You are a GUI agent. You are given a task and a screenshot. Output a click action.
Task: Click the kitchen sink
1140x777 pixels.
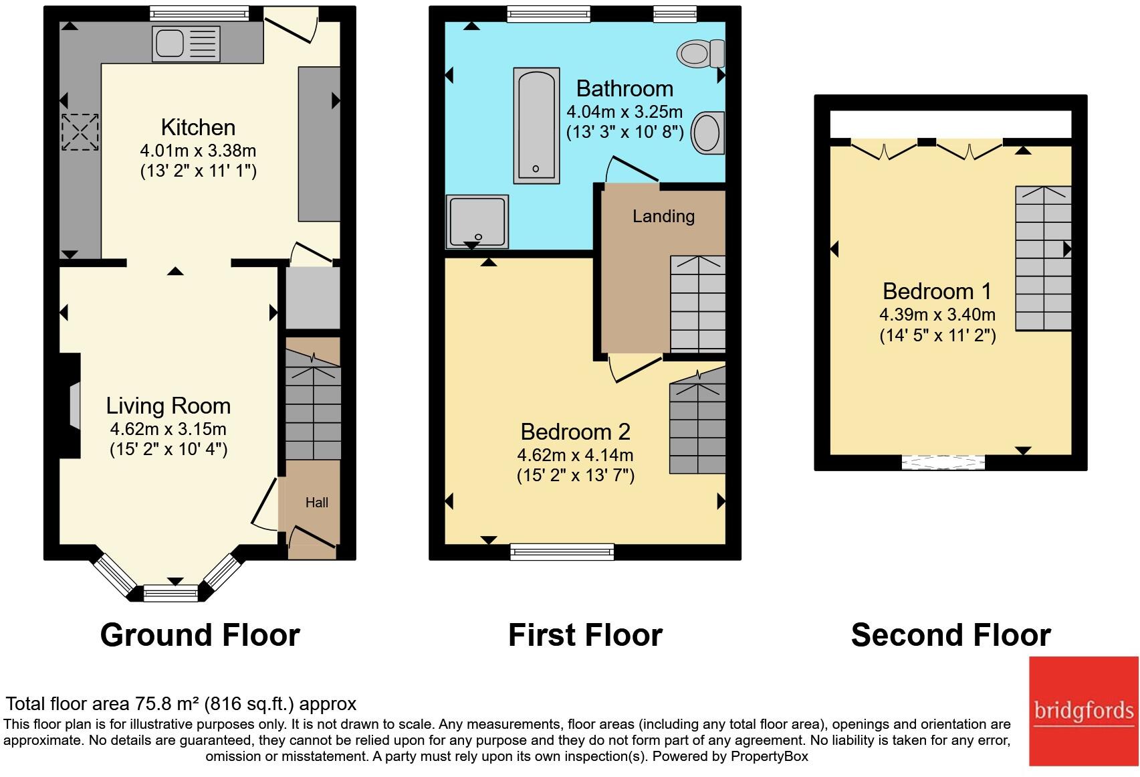[x=187, y=44]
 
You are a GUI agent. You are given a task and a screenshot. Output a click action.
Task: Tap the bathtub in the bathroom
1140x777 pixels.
[x=536, y=125]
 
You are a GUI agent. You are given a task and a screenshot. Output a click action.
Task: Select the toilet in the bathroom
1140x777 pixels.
[x=701, y=54]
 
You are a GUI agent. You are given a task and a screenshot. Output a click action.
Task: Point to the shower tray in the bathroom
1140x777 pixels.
[x=477, y=222]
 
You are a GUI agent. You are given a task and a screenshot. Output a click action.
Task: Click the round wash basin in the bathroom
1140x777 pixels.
[x=707, y=133]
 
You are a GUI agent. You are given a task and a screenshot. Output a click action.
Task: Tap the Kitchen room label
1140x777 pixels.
[x=198, y=127]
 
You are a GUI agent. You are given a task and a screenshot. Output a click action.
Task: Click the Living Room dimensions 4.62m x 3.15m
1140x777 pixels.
[x=168, y=429]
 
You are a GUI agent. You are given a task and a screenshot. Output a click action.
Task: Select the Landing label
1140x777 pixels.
[x=663, y=216]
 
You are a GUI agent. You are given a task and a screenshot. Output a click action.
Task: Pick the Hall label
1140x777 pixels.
[x=316, y=503]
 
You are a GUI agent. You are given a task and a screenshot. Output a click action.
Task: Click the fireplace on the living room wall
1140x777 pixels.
[x=70, y=406]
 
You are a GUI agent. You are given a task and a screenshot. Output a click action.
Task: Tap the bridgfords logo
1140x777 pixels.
[x=1084, y=711]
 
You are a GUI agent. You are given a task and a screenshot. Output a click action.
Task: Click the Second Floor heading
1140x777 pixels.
[x=951, y=635]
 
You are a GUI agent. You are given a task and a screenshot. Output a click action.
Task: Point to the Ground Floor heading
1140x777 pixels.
[x=200, y=635]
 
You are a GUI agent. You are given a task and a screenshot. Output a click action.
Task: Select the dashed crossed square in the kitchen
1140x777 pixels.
[x=80, y=132]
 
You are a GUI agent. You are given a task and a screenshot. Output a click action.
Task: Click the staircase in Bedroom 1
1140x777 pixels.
[x=1043, y=258]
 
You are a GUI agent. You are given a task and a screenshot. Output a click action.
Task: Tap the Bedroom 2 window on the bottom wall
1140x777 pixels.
[x=562, y=552]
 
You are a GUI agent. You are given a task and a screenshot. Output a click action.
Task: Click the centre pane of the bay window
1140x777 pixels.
[x=170, y=594]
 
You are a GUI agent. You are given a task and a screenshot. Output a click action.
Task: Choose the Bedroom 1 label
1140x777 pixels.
[x=937, y=291]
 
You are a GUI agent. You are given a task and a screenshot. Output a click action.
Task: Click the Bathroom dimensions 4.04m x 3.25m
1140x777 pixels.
[x=624, y=112]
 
